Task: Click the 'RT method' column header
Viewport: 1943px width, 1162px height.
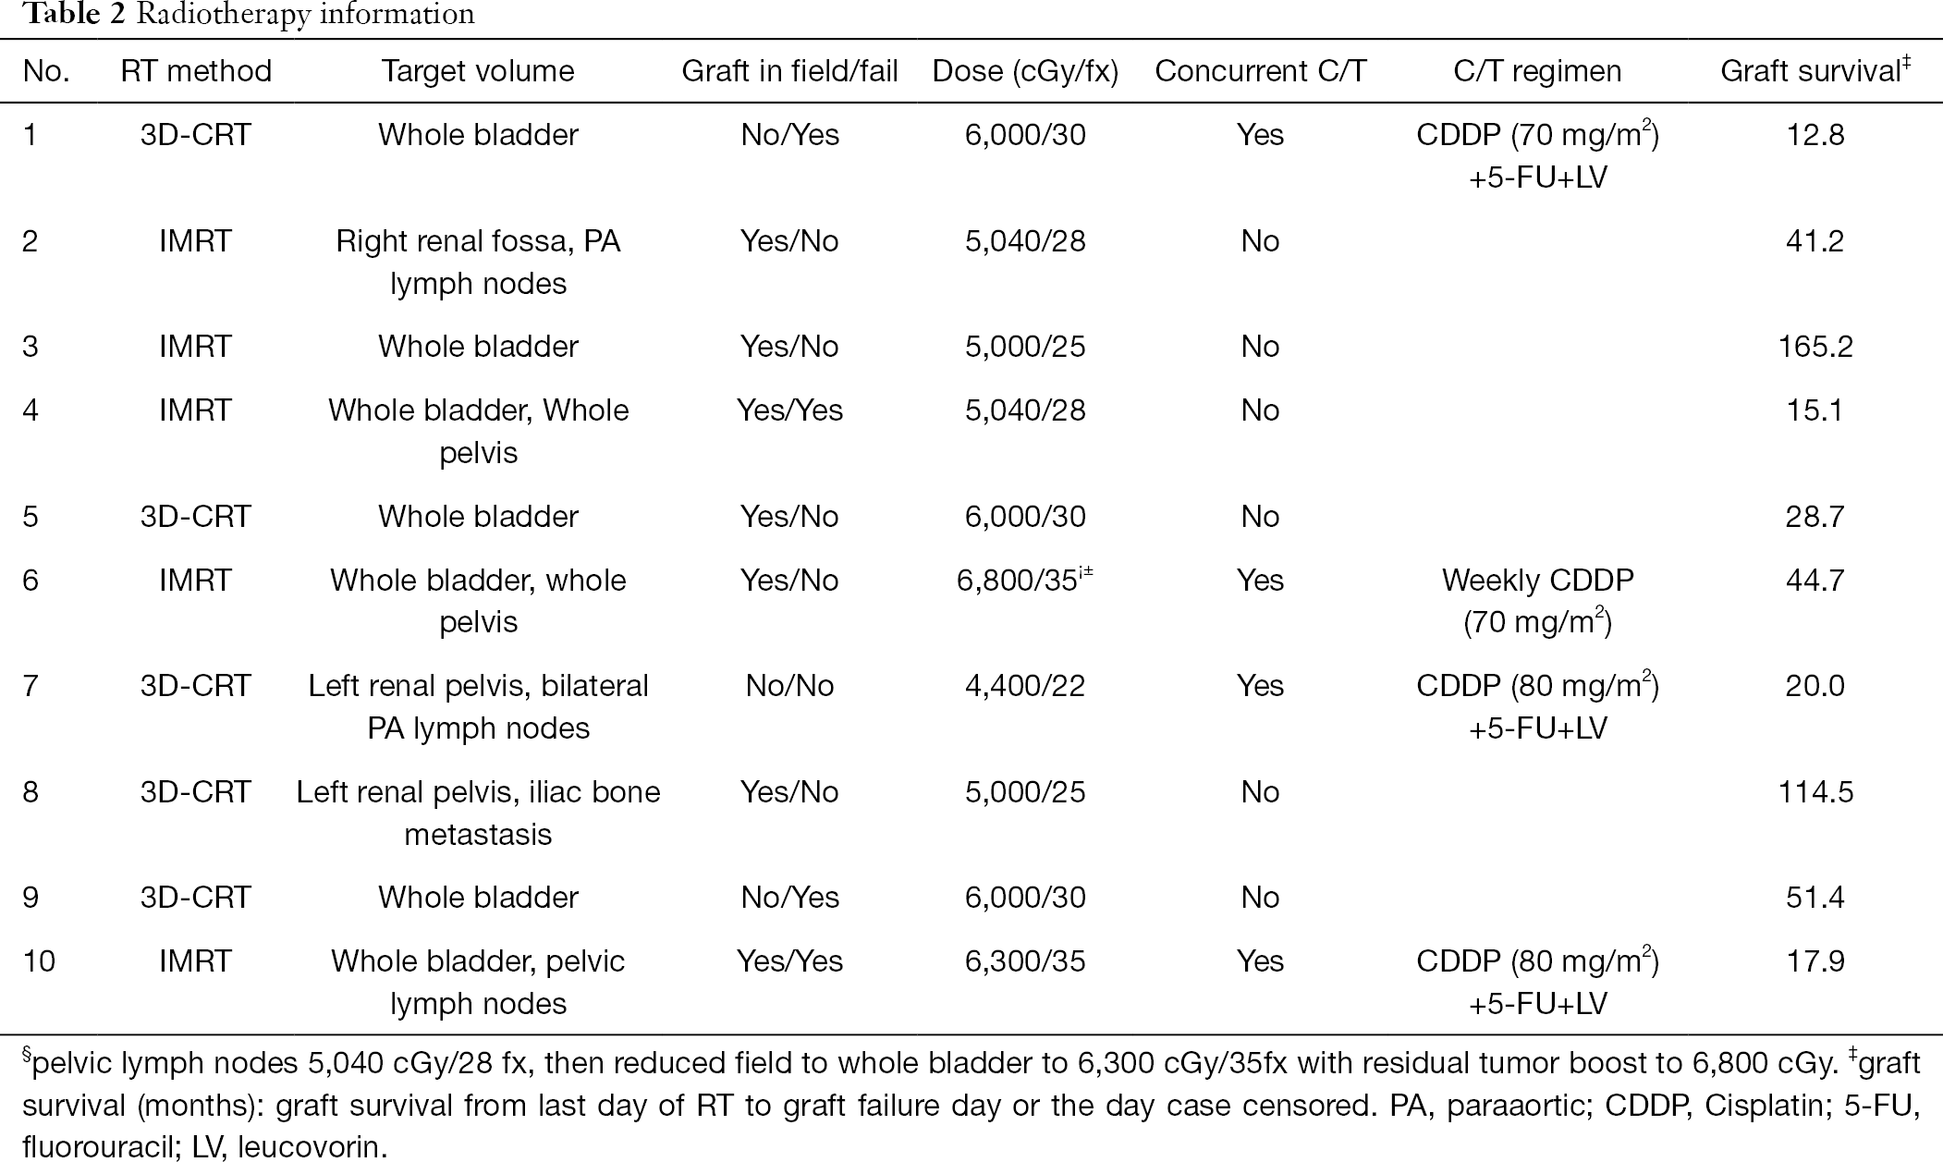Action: click(196, 71)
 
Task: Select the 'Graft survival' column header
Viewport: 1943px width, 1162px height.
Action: click(1815, 71)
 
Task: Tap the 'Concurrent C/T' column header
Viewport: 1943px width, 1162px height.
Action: click(1261, 71)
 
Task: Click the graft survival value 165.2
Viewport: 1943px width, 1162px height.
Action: click(1815, 347)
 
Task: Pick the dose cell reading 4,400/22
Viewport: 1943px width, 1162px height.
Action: click(1025, 686)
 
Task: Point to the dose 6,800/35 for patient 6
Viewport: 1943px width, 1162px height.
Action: click(1025, 580)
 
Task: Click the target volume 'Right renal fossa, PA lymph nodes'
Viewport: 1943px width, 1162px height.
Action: click(478, 263)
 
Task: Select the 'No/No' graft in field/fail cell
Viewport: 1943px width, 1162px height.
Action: click(789, 686)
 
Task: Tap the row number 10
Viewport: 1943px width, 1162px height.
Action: click(39, 961)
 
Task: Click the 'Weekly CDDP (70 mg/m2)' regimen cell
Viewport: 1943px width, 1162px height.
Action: click(1538, 601)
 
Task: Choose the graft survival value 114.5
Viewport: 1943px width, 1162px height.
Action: click(1815, 792)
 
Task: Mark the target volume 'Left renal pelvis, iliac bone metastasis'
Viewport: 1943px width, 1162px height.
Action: click(478, 813)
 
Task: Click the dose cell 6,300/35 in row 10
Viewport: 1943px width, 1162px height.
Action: click(1025, 961)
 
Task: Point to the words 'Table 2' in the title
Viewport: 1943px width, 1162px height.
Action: click(74, 14)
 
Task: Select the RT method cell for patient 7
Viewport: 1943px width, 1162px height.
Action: click(196, 686)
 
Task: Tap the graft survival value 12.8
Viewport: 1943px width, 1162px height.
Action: click(1815, 135)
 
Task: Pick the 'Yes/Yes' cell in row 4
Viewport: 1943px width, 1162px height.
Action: click(789, 410)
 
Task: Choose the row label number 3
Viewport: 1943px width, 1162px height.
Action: click(31, 347)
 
